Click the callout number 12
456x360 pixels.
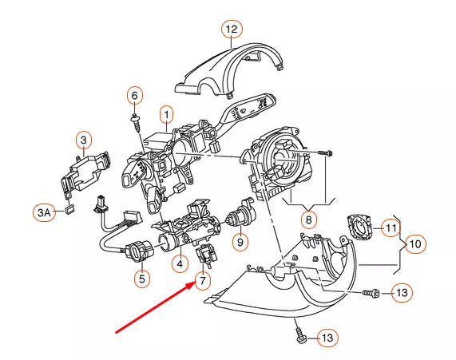pyautogui.click(x=231, y=31)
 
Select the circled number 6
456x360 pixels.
pyautogui.click(x=134, y=96)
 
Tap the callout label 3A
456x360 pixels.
pyautogui.click(x=45, y=212)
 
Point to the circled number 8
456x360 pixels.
pyautogui.click(x=309, y=218)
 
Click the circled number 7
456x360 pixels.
pyautogui.click(x=203, y=280)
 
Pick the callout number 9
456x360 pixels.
pyautogui.click(x=238, y=240)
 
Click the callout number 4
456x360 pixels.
pyautogui.click(x=181, y=262)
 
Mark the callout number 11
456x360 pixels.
pyautogui.click(x=390, y=227)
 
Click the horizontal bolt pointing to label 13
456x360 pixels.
pyautogui.click(x=370, y=294)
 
